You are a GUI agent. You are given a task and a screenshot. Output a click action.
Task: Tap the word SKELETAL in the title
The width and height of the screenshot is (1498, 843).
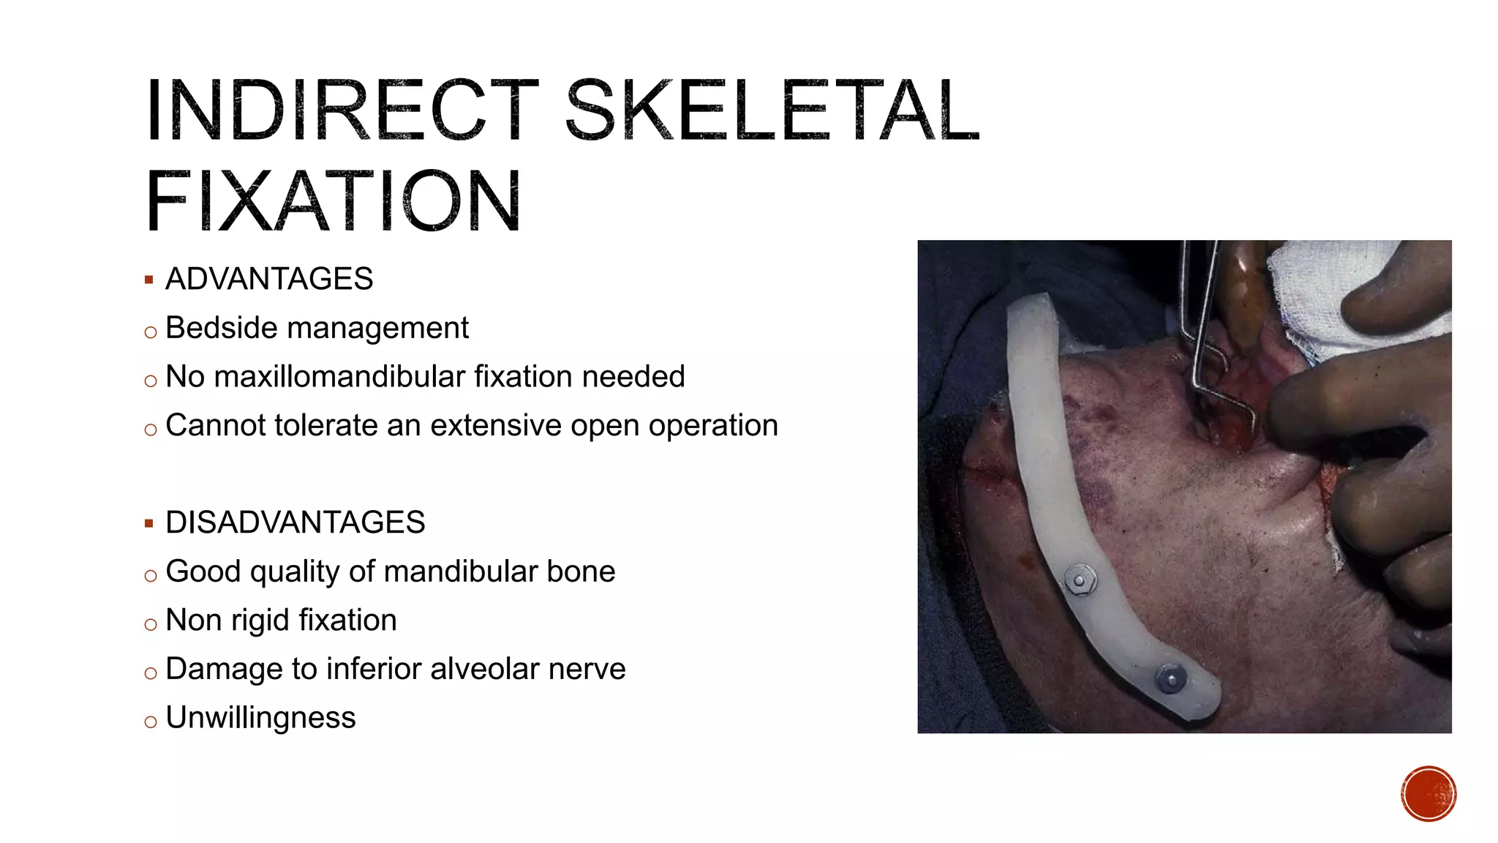pyautogui.click(x=772, y=111)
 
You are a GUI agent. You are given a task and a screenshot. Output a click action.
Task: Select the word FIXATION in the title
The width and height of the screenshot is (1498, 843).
pyautogui.click(x=334, y=201)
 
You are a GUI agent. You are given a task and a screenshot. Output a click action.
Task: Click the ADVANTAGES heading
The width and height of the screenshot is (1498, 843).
pyautogui.click(x=269, y=279)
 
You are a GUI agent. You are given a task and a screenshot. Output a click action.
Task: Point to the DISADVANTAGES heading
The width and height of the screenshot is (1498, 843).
pyautogui.click(x=295, y=522)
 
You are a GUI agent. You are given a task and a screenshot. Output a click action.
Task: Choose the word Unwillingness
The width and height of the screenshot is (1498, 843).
pyautogui.click(x=260, y=718)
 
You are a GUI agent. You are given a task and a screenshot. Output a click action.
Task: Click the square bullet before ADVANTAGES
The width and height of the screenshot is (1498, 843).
pyautogui.click(x=149, y=280)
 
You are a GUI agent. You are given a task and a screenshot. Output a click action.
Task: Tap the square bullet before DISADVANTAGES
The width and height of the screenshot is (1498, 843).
pyautogui.click(x=149, y=523)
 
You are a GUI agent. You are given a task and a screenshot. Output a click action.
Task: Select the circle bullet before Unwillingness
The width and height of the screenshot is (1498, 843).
pyautogui.click(x=151, y=722)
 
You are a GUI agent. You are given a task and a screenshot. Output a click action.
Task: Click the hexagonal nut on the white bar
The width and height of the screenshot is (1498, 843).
pyautogui.click(x=1079, y=580)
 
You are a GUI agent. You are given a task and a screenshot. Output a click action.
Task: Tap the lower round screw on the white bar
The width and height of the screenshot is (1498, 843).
pyautogui.click(x=1171, y=678)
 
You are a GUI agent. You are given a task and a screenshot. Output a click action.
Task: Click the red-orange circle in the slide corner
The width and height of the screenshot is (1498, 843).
pyautogui.click(x=1428, y=793)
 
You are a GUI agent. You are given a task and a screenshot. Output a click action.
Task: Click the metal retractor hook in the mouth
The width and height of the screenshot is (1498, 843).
pyautogui.click(x=1214, y=381)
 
